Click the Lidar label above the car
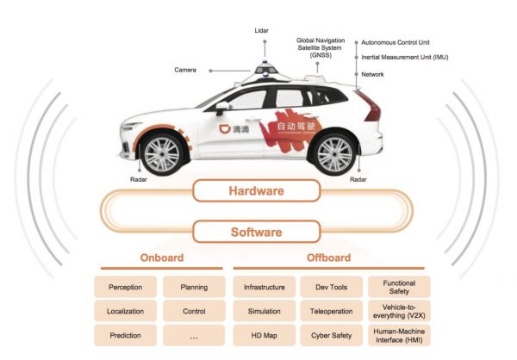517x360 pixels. tap(262, 30)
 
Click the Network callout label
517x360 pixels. tap(373, 74)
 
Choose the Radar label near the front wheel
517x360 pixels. tap(138, 181)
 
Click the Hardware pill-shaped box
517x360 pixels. tap(255, 191)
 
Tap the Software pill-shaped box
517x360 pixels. tap(255, 233)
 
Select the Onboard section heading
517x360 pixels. tap(161, 258)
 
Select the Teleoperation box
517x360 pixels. tap(331, 310)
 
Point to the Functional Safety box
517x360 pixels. tap(399, 287)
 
